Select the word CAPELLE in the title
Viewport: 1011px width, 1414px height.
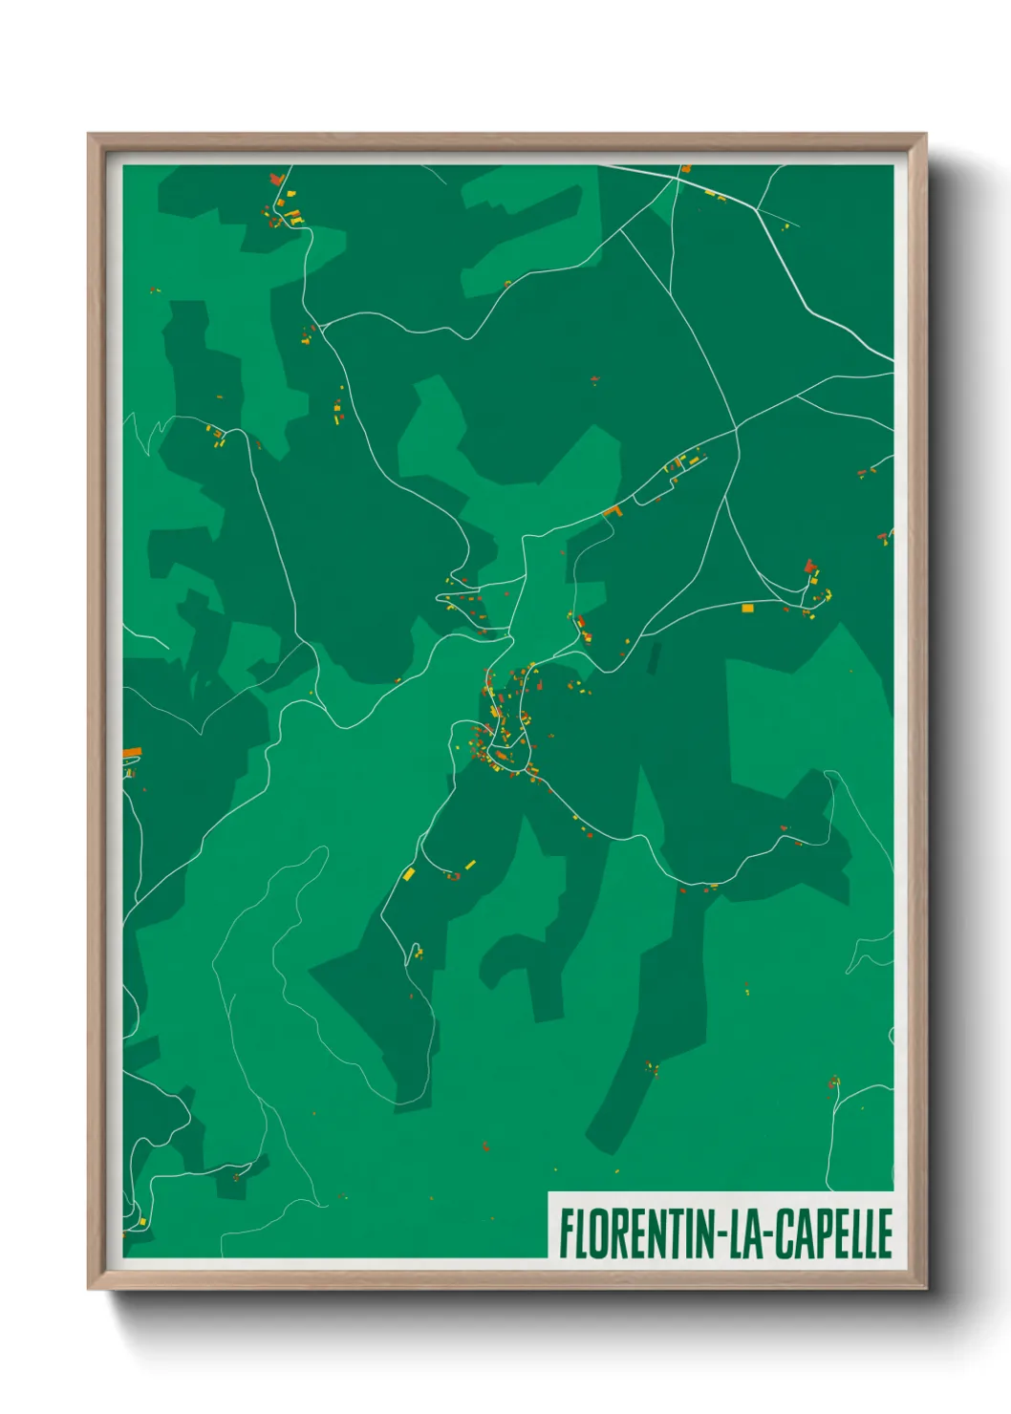(x=832, y=1233)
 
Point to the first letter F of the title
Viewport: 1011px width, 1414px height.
(x=566, y=1233)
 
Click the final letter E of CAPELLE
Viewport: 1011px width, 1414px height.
(x=885, y=1233)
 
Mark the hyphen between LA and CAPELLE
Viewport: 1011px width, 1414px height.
(x=767, y=1235)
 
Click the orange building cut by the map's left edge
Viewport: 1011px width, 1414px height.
(x=132, y=753)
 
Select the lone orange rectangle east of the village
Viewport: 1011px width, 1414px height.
(x=747, y=608)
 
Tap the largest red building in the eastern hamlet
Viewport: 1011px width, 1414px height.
(x=810, y=566)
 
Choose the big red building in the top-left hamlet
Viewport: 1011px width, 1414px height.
(x=277, y=179)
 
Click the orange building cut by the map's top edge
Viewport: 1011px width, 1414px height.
(x=686, y=169)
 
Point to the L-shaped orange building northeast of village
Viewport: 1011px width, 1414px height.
(x=613, y=512)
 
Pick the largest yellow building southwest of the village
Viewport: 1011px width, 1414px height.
(x=408, y=873)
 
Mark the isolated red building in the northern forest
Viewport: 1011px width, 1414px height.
(x=594, y=381)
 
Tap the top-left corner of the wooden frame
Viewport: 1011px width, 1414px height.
(x=89, y=135)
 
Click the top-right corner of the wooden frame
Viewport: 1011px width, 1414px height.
(x=925, y=135)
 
